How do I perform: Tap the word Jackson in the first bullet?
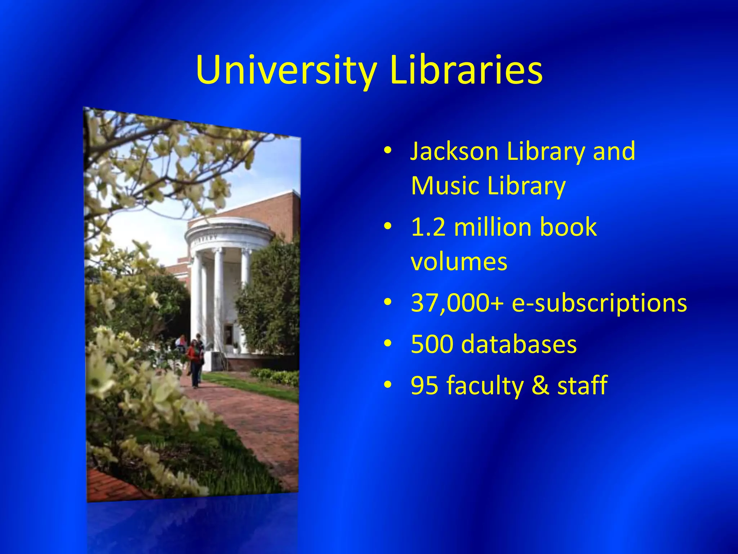(x=454, y=151)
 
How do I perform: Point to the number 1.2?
(x=428, y=227)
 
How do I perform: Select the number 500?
(x=432, y=344)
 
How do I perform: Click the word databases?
(x=519, y=344)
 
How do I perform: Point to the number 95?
(x=424, y=386)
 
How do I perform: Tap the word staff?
(x=582, y=385)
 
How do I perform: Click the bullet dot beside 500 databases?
(x=387, y=344)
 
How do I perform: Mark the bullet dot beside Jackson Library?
(x=387, y=151)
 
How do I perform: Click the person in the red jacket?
(x=195, y=361)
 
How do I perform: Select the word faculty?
(x=485, y=386)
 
